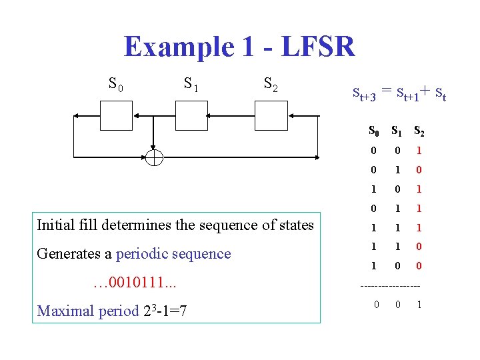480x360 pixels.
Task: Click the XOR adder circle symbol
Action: [x=154, y=157]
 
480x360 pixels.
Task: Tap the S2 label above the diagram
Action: [x=271, y=85]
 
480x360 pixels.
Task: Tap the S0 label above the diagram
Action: [x=115, y=84]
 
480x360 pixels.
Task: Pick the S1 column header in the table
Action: [x=397, y=131]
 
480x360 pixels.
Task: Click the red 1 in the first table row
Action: [x=419, y=151]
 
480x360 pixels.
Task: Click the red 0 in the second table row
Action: [x=419, y=171]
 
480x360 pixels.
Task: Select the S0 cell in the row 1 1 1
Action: [x=375, y=227]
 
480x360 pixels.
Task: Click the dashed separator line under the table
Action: [x=389, y=287]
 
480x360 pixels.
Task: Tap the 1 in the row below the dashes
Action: [x=419, y=305]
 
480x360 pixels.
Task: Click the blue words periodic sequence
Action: [x=173, y=253]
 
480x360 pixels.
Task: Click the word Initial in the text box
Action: [x=56, y=225]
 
